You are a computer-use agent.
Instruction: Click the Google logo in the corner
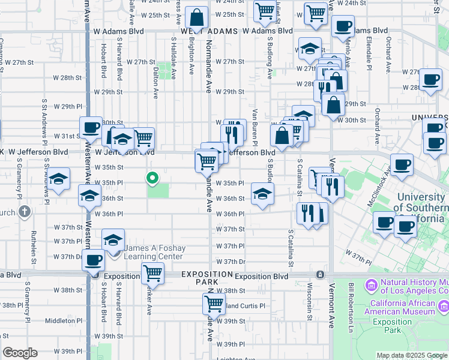[19, 353]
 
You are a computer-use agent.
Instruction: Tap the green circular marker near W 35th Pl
[152, 177]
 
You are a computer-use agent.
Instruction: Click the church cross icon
[24, 211]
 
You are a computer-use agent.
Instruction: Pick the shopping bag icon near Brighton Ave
[196, 17]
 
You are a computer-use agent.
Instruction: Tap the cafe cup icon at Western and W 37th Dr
[93, 261]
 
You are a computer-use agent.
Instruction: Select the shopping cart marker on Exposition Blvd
[152, 273]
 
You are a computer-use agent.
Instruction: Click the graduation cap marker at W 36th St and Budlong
[262, 194]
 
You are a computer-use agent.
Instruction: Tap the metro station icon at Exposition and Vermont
[321, 274]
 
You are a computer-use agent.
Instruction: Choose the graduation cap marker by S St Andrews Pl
[59, 179]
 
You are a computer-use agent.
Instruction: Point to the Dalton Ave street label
[155, 83]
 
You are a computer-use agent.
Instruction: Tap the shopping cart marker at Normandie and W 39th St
[213, 305]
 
